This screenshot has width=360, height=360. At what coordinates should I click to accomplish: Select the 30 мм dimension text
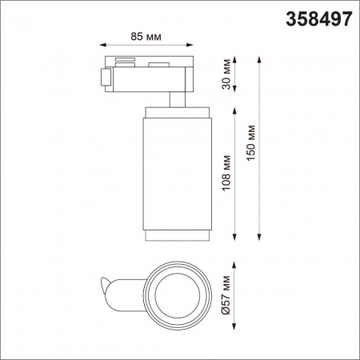[x=227, y=74]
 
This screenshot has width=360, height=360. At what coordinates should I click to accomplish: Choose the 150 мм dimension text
[x=252, y=144]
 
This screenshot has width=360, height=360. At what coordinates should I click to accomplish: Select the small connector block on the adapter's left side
[x=104, y=77]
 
